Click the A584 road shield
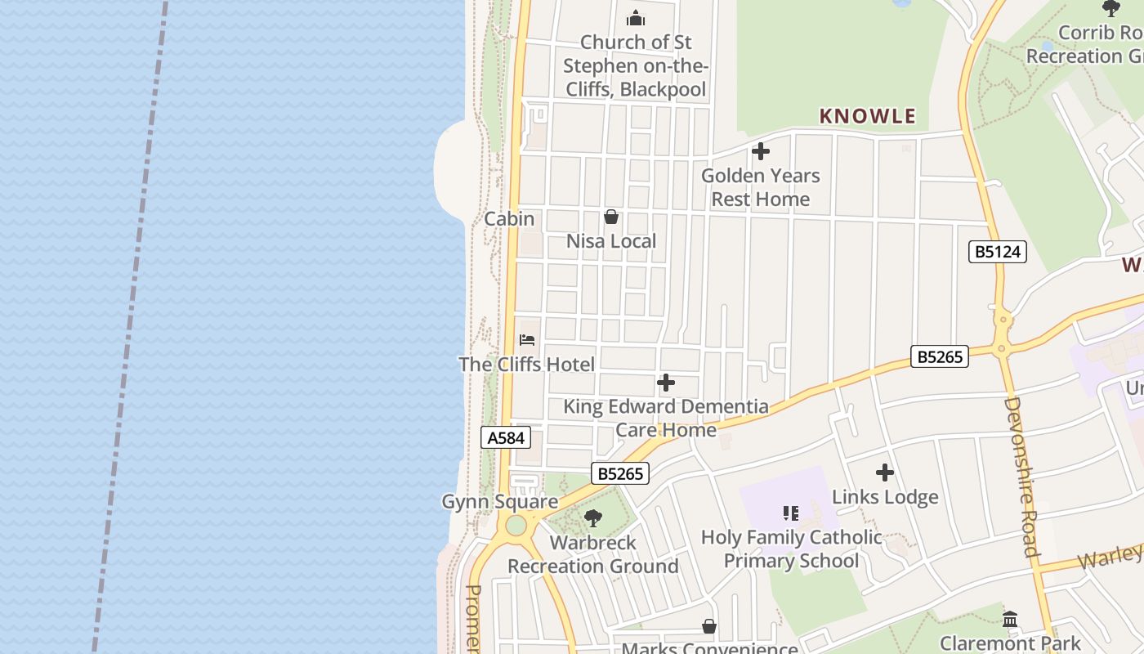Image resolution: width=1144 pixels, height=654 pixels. (x=505, y=438)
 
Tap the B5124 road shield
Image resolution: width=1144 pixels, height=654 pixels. (x=998, y=252)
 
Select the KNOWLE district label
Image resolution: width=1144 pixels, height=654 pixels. (x=867, y=116)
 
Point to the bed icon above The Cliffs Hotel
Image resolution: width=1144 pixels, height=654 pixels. (x=527, y=340)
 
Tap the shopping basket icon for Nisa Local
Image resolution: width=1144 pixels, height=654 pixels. (x=610, y=217)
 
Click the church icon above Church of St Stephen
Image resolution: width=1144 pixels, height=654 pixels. (x=635, y=19)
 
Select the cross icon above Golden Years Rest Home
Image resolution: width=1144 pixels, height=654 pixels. (x=760, y=152)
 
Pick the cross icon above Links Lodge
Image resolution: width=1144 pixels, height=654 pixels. (x=884, y=473)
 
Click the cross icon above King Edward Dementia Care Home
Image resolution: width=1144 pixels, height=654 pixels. (x=666, y=383)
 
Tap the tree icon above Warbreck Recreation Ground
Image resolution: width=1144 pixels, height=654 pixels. (x=593, y=518)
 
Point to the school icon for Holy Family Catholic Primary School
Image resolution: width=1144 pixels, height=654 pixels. (x=790, y=513)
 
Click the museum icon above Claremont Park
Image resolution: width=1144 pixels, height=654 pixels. (x=1010, y=619)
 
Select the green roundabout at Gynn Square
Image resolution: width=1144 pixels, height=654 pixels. (x=516, y=526)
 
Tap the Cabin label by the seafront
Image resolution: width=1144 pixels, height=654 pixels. (x=509, y=219)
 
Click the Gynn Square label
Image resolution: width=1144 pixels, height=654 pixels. (x=499, y=502)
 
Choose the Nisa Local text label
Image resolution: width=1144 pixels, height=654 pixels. (x=611, y=241)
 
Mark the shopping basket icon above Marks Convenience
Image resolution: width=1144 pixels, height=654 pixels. (x=709, y=627)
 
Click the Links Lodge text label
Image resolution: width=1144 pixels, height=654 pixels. (x=885, y=497)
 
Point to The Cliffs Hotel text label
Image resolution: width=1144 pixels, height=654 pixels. (x=527, y=365)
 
